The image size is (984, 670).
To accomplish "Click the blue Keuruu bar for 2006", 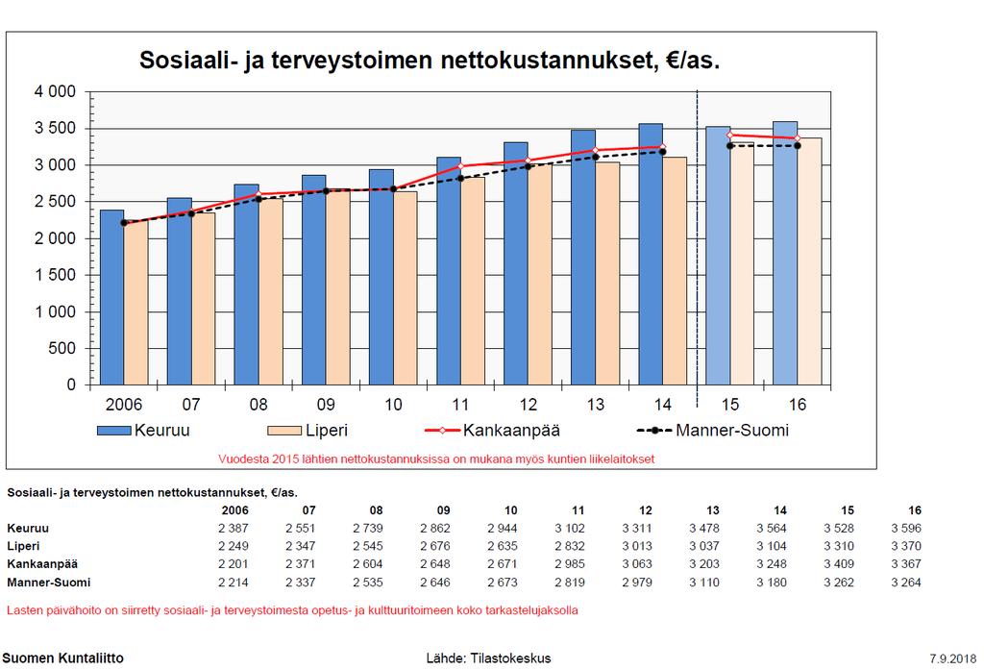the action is [x=111, y=297].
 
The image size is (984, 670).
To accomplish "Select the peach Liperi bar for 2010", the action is [x=406, y=288].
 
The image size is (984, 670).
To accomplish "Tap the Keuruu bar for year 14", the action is [x=651, y=255].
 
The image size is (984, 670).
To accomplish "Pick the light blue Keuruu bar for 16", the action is [x=785, y=253].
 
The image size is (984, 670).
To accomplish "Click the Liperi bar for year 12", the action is [x=540, y=274].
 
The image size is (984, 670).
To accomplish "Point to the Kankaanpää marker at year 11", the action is [x=460, y=165].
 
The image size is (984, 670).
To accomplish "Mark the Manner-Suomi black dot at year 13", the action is [x=596, y=157].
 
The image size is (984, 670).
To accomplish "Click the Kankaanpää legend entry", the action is [x=493, y=430].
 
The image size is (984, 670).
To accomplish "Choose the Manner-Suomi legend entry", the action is [x=713, y=430].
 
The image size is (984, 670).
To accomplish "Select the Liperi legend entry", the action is [x=307, y=430].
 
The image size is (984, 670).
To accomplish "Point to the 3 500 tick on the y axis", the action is [x=55, y=128].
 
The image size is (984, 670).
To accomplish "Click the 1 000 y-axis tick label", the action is [x=55, y=311].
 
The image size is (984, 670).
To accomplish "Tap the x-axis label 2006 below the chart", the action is [x=124, y=405].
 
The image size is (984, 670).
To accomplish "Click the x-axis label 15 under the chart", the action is [x=730, y=405].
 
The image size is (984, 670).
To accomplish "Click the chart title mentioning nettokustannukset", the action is [x=430, y=61].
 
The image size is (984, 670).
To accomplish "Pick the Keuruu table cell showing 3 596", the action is [x=905, y=528].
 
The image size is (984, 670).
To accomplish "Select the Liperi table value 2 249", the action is [x=233, y=546].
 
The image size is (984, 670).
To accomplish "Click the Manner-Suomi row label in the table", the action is [x=48, y=583].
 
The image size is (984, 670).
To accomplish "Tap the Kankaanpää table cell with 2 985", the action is [x=569, y=564].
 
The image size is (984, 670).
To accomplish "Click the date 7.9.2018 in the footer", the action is [x=952, y=658].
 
